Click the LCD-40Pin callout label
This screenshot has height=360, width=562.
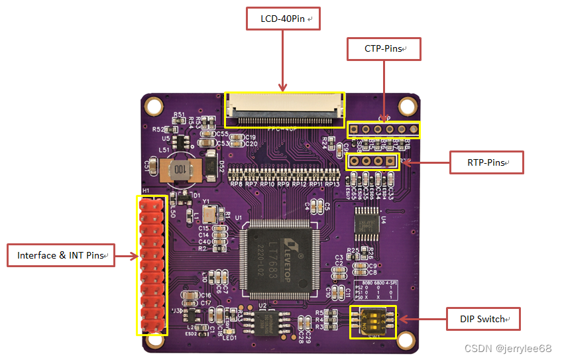pos(283,19)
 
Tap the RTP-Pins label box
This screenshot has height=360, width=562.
pos(486,162)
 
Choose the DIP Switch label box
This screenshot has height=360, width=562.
pos(482,320)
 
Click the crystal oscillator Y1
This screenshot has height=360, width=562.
pos(210,212)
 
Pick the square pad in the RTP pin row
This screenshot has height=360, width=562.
pos(390,160)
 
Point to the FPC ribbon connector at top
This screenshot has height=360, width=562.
pos(284,109)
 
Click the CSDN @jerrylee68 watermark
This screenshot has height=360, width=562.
pos(508,349)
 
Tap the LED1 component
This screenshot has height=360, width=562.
pos(229,331)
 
